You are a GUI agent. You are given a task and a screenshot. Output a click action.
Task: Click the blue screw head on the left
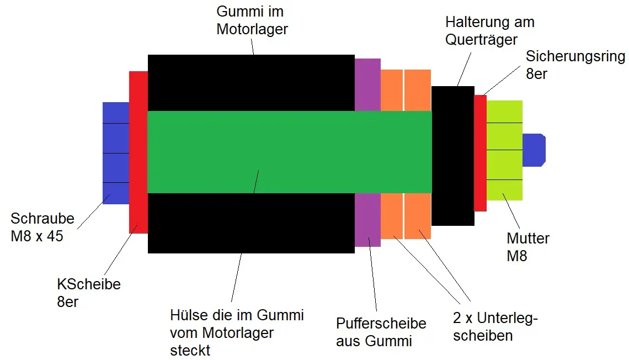point(115,152)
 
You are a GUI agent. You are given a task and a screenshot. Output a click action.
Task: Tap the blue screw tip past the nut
point(534,150)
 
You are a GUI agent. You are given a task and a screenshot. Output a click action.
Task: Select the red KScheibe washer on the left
point(138,152)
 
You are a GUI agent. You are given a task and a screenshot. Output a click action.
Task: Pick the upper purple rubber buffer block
point(367,84)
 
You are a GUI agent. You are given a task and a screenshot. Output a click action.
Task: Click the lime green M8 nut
point(504,150)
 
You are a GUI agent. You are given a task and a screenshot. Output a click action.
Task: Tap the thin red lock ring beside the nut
point(480,153)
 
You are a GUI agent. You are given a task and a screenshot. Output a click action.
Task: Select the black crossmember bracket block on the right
point(452,156)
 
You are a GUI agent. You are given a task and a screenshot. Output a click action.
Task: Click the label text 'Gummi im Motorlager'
point(252,20)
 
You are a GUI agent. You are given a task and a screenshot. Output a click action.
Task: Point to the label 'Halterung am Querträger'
point(489,30)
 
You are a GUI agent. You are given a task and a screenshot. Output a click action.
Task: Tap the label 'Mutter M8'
point(528,247)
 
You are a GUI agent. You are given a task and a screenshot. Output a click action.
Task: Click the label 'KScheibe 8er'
point(89,293)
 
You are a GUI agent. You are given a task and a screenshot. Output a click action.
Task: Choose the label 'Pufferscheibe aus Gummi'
point(381,332)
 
